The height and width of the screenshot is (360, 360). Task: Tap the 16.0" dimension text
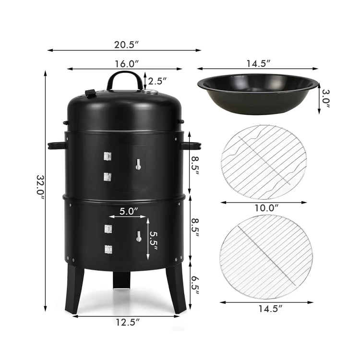(x=126, y=64)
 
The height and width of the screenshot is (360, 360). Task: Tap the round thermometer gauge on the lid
(x=153, y=93)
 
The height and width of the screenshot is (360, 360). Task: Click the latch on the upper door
(x=138, y=165)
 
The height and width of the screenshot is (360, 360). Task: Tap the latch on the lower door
(x=138, y=236)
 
